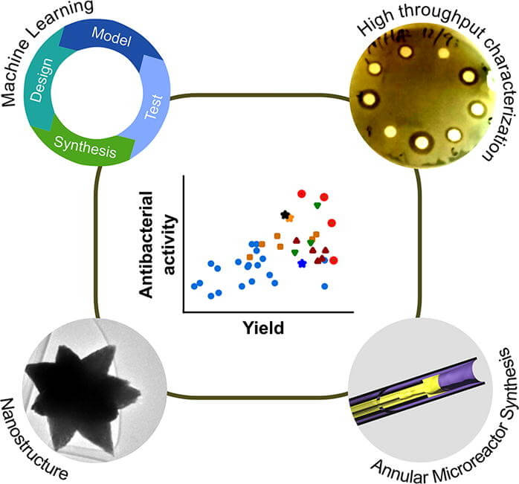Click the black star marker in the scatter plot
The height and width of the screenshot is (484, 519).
(284, 214)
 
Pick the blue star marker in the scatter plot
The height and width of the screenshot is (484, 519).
(302, 263)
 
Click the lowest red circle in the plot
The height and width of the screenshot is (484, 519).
(334, 259)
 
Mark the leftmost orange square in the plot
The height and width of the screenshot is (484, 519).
(249, 256)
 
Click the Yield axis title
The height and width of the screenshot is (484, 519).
(265, 326)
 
